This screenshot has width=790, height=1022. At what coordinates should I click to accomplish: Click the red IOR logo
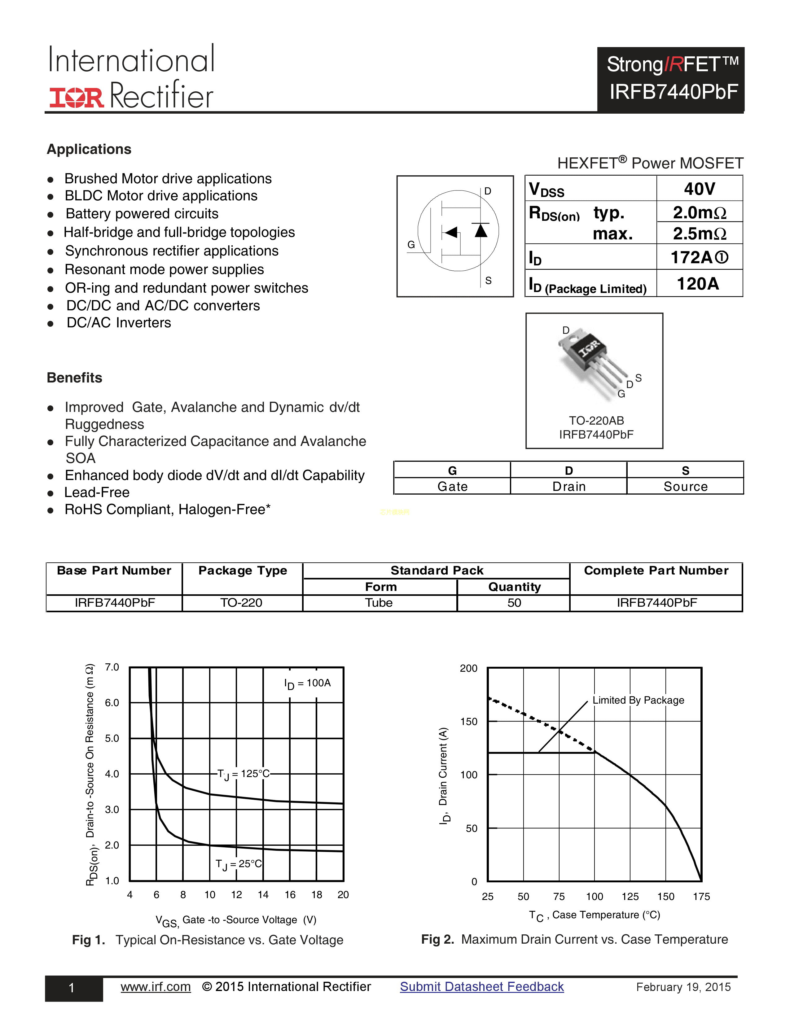[x=76, y=97]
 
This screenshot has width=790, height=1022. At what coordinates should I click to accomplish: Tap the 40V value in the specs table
[x=699, y=189]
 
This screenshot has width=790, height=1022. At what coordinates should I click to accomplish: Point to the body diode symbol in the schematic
[x=481, y=230]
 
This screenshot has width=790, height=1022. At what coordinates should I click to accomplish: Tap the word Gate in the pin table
[x=452, y=487]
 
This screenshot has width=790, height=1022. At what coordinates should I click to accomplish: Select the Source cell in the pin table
[x=685, y=487]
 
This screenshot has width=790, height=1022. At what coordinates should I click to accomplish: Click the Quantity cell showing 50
[x=514, y=603]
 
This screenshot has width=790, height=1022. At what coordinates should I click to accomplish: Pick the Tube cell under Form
[x=379, y=603]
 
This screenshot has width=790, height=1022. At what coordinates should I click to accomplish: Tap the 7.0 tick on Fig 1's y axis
[x=112, y=667]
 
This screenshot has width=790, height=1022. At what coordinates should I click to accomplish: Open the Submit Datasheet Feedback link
[x=481, y=987]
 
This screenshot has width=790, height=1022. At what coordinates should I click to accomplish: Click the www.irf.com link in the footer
[x=156, y=987]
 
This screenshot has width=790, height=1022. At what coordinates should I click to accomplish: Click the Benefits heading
[x=74, y=378]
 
